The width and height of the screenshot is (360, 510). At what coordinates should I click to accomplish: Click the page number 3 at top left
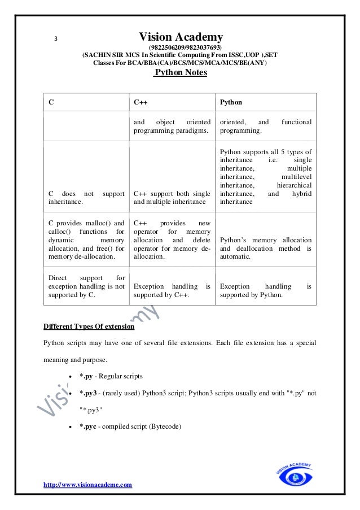pyautogui.click(x=55, y=39)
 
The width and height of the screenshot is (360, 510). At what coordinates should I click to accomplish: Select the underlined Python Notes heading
pyautogui.click(x=180, y=73)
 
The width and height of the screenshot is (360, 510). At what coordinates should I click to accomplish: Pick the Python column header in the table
pyautogui.click(x=231, y=102)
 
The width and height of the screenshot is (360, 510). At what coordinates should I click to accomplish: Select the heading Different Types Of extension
pyautogui.click(x=89, y=326)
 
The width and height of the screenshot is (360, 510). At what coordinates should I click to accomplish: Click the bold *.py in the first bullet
pyautogui.click(x=87, y=376)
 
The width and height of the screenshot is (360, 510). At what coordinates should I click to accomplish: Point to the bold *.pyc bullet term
pyautogui.click(x=89, y=426)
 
